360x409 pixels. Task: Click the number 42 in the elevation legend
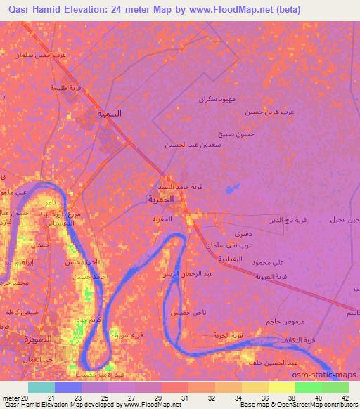point(345,400)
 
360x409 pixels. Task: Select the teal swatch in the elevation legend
point(41,387)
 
